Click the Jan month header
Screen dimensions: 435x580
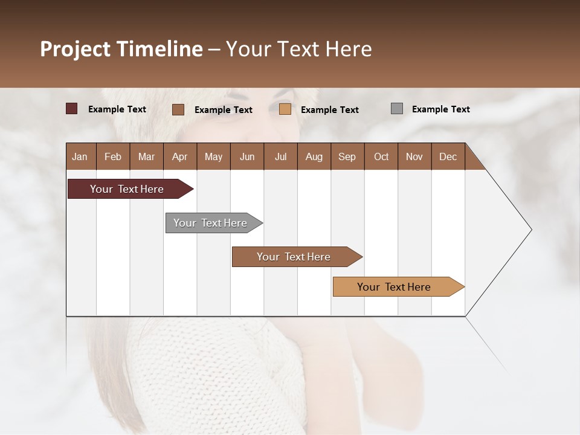click(80, 156)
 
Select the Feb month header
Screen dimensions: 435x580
click(113, 156)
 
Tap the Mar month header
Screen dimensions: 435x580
click(146, 156)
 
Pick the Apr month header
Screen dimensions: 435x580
click(179, 156)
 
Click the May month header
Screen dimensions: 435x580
click(213, 156)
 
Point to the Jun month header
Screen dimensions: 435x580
click(247, 156)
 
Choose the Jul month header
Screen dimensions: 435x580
click(280, 156)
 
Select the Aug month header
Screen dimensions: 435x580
click(314, 156)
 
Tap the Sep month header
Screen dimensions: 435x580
click(347, 156)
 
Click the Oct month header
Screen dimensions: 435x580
click(381, 156)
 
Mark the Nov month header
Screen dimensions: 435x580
click(414, 156)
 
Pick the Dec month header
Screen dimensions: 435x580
click(448, 156)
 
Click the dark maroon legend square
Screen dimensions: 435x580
click(72, 109)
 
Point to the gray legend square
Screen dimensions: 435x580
click(397, 109)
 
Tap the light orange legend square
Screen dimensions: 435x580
click(285, 109)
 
